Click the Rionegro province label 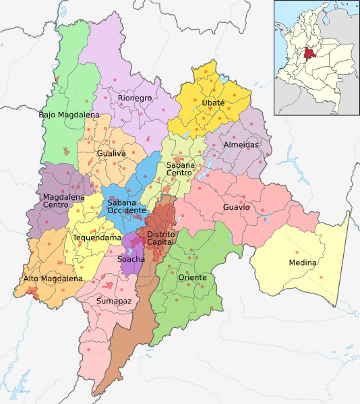(135, 98)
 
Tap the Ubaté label (212, 103)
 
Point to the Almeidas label (240, 144)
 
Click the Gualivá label (111, 154)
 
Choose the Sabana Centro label (179, 169)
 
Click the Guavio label (237, 207)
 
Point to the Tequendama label (98, 237)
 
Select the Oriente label (192, 277)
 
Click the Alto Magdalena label (53, 278)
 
